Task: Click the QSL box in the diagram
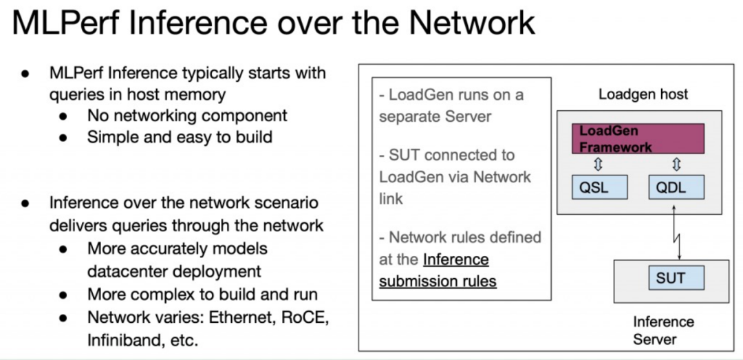point(599,187)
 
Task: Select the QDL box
point(676,187)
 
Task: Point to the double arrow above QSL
point(598,164)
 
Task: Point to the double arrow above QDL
point(676,164)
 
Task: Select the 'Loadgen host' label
point(643,94)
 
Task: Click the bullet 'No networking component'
point(187,115)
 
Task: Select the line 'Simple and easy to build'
point(180,137)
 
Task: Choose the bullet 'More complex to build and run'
point(202,295)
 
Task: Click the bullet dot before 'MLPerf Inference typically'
point(25,73)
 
